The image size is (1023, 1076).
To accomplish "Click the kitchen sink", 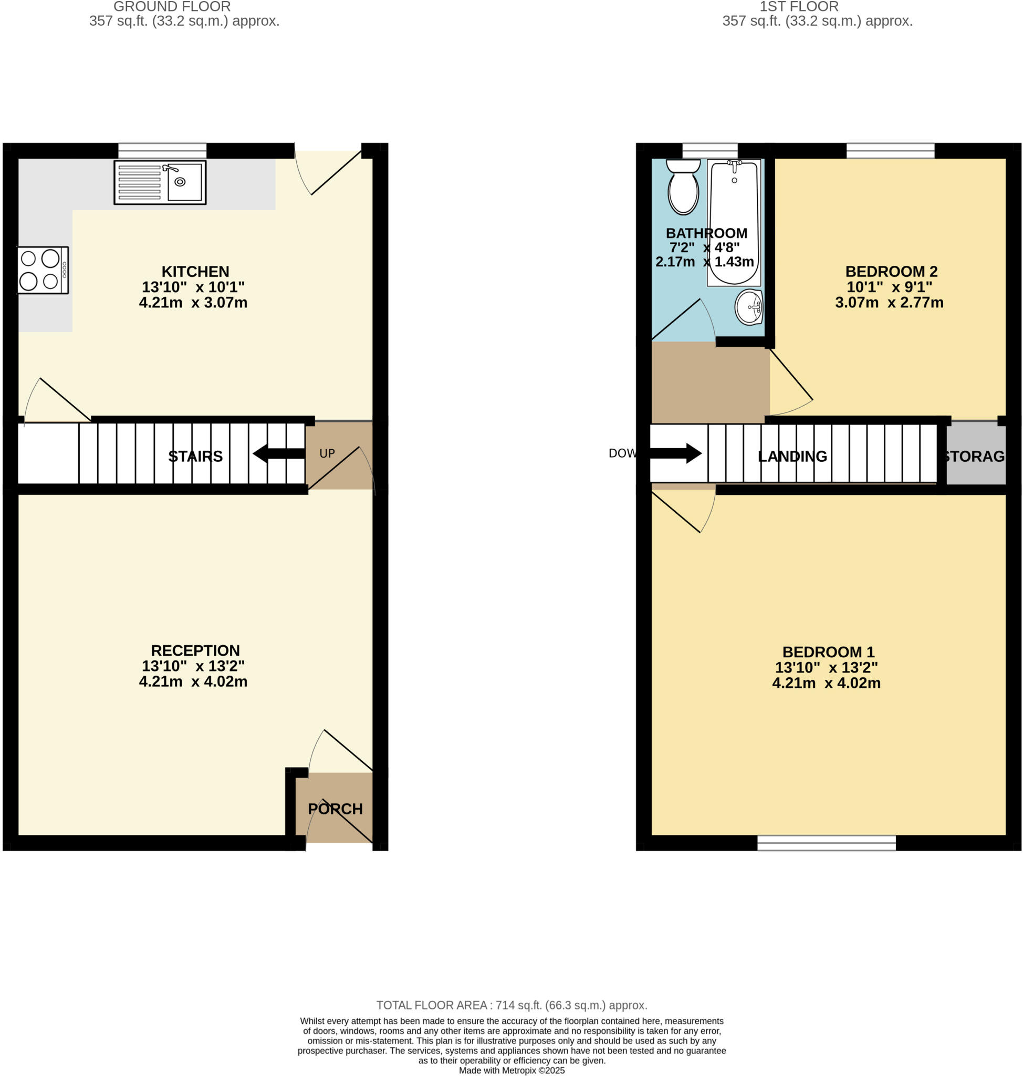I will (160, 182).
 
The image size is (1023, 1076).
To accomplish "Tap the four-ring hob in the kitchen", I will (43, 270).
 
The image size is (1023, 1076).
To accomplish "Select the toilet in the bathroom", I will (683, 187).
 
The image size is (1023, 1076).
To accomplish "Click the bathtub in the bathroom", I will (734, 223).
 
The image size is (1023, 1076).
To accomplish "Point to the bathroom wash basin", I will (748, 307).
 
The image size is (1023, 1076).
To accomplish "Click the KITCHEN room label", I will (195, 272).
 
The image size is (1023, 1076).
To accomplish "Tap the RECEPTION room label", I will (195, 650).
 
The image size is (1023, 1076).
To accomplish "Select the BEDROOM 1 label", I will (828, 652).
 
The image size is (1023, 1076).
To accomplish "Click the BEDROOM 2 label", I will (891, 272).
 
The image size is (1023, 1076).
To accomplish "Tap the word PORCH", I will (335, 809).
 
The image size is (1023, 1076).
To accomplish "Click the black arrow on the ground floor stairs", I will (278, 453).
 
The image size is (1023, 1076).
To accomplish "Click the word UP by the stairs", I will (327, 453).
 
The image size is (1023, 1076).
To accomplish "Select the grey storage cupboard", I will (975, 454).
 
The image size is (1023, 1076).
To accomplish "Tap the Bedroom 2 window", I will (890, 150).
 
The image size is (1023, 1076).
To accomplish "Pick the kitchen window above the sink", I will (162, 150).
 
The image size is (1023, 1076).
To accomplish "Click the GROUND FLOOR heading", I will (172, 7).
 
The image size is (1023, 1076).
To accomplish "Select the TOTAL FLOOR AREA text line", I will (511, 1006).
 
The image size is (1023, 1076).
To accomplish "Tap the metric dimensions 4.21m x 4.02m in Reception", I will (193, 681).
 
